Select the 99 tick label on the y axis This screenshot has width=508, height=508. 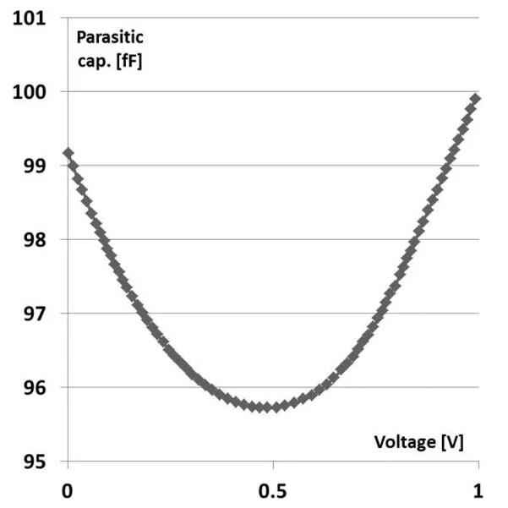coord(31,166)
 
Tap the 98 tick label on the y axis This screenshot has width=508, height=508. coord(31,239)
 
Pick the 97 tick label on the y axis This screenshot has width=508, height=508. coord(31,314)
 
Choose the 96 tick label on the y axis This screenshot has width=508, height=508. coord(31,388)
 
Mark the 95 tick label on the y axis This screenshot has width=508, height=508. coord(31,462)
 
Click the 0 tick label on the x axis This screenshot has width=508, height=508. coord(68,490)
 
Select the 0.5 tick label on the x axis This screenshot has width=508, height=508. coord(272,490)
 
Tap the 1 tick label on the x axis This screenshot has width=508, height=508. coord(478,490)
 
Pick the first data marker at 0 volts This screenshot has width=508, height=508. coord(68,153)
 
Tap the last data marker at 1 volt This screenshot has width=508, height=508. coord(475,99)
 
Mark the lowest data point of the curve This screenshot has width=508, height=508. coord(266,407)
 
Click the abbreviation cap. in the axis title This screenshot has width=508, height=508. coord(93,61)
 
